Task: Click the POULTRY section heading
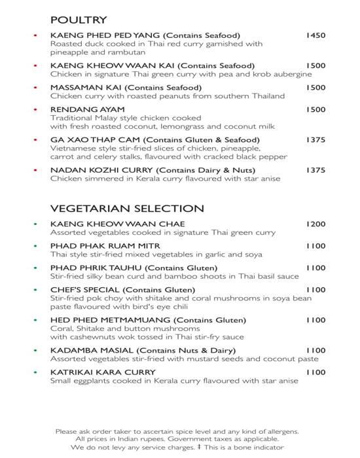[x=79, y=20]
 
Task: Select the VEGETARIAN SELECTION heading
[x=127, y=209]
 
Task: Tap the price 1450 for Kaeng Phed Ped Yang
[x=315, y=35]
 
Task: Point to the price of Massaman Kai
[x=315, y=87]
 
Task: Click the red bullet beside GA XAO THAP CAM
[x=34, y=140]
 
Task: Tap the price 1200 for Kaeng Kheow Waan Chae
[x=315, y=224]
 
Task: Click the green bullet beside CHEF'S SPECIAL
[x=34, y=290]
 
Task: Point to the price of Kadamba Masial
[x=315, y=351]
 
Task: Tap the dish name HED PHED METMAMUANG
[x=109, y=320]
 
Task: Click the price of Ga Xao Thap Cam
[x=315, y=140]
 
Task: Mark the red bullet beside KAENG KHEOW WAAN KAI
[x=34, y=66]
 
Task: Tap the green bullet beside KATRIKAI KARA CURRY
[x=34, y=372]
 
